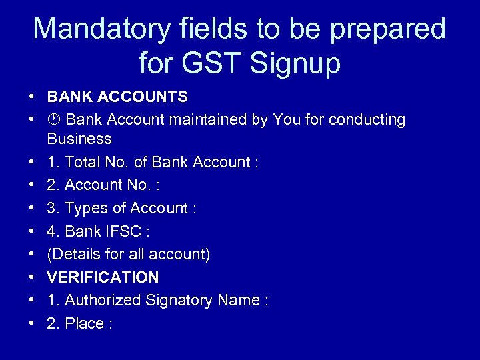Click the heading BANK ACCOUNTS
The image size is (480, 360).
point(117,97)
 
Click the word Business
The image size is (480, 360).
point(79,139)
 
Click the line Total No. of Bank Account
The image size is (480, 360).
point(153,162)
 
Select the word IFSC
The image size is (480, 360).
point(125,231)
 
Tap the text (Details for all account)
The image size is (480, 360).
point(129,254)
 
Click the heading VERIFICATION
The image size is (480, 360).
point(103,277)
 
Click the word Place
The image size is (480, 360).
point(85,323)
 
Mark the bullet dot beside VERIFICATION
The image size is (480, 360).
point(32,277)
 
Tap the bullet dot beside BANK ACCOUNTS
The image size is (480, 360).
point(32,97)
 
